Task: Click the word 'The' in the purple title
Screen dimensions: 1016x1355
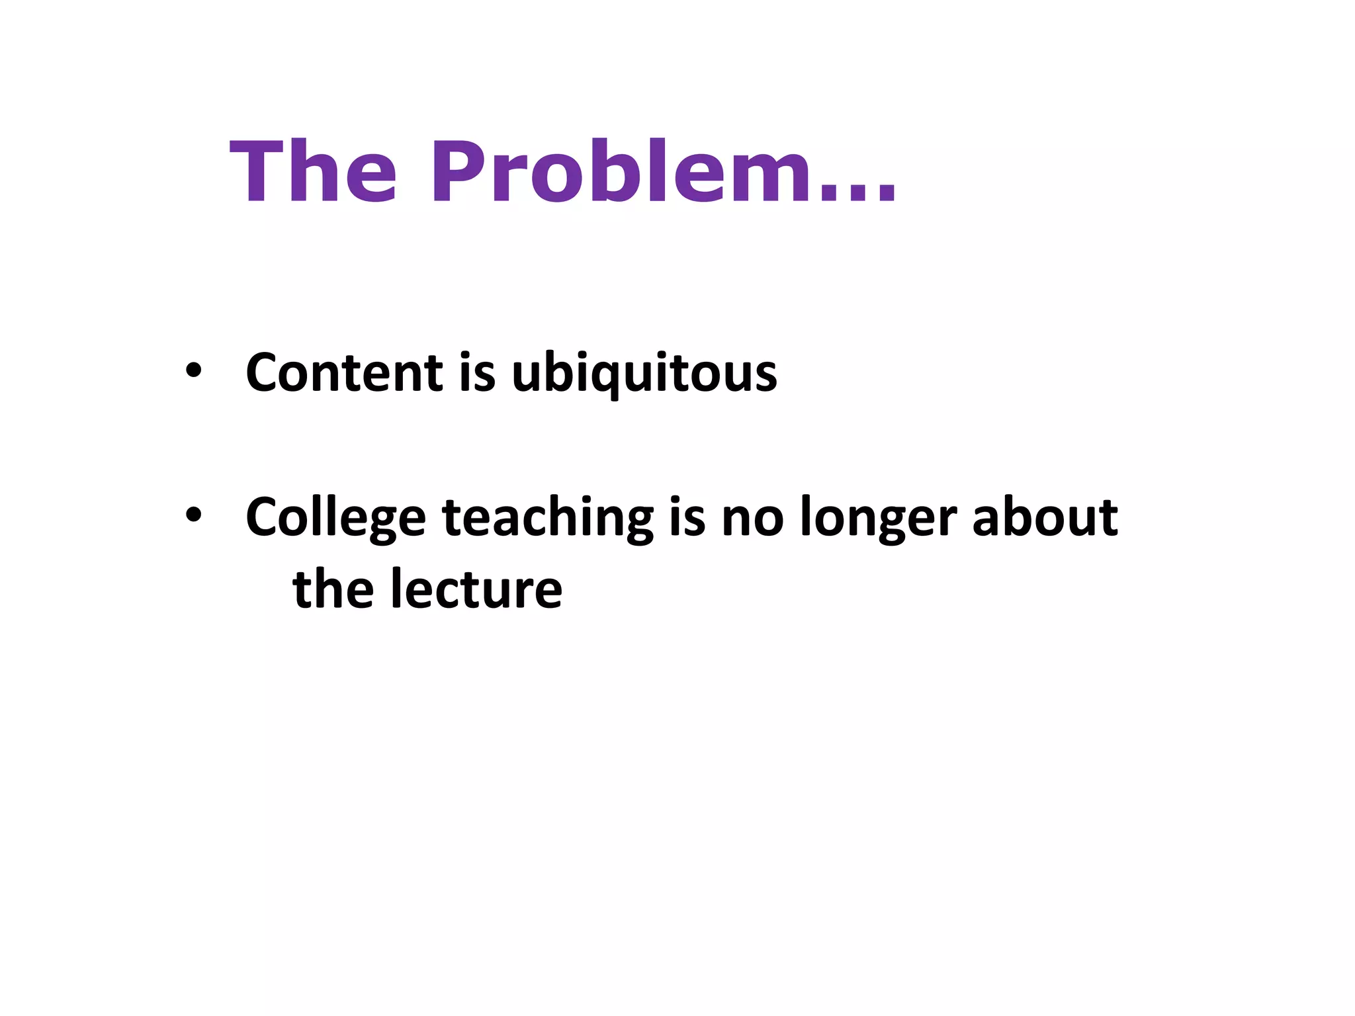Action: coord(313,173)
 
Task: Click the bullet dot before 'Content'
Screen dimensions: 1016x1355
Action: coord(193,370)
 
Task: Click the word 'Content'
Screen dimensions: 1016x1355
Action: coord(344,373)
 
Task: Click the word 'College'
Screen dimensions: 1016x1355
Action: coord(335,519)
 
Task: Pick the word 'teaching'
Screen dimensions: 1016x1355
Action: coord(548,519)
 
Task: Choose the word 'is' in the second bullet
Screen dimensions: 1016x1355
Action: coord(687,517)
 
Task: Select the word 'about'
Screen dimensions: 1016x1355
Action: coord(1045,517)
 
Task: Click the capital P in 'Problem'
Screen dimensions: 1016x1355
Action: coord(456,173)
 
